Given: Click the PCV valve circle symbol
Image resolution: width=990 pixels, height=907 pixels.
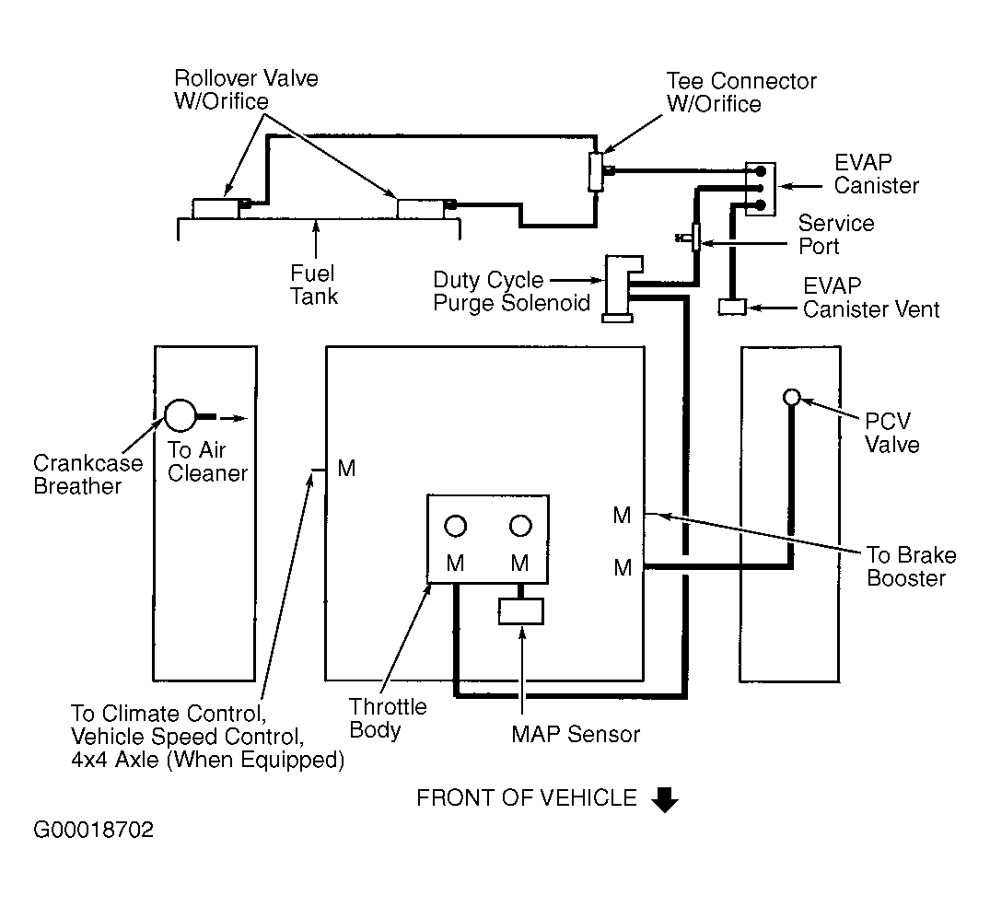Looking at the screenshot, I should click(790, 397).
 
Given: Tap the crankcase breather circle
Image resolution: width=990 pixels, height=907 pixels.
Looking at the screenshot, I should click(180, 416).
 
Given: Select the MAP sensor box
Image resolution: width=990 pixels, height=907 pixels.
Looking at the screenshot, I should click(521, 610).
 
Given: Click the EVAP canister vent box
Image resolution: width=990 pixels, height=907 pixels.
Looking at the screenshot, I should click(732, 307).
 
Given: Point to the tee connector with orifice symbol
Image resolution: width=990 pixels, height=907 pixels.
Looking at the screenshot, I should click(595, 170).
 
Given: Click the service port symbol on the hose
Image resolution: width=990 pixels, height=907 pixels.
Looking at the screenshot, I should click(695, 238).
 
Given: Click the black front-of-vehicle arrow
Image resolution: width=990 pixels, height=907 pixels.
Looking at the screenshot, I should click(664, 800).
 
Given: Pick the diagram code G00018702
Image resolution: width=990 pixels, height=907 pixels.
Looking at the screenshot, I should click(93, 830).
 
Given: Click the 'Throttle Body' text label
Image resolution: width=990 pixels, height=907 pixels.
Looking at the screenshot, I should click(388, 718).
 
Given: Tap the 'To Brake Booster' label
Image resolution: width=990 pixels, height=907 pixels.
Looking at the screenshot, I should click(911, 566).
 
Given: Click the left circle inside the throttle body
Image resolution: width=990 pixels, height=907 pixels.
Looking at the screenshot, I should click(455, 526).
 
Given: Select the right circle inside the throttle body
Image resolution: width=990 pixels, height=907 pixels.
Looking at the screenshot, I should click(520, 526).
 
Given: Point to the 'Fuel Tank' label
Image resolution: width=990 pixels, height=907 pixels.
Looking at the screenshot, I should click(313, 285).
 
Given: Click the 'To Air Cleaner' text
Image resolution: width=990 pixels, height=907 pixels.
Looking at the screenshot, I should click(207, 461).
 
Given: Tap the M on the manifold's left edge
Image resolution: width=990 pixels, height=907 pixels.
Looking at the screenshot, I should click(346, 469).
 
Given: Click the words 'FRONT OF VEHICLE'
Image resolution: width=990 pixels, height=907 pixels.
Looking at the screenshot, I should click(526, 797).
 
